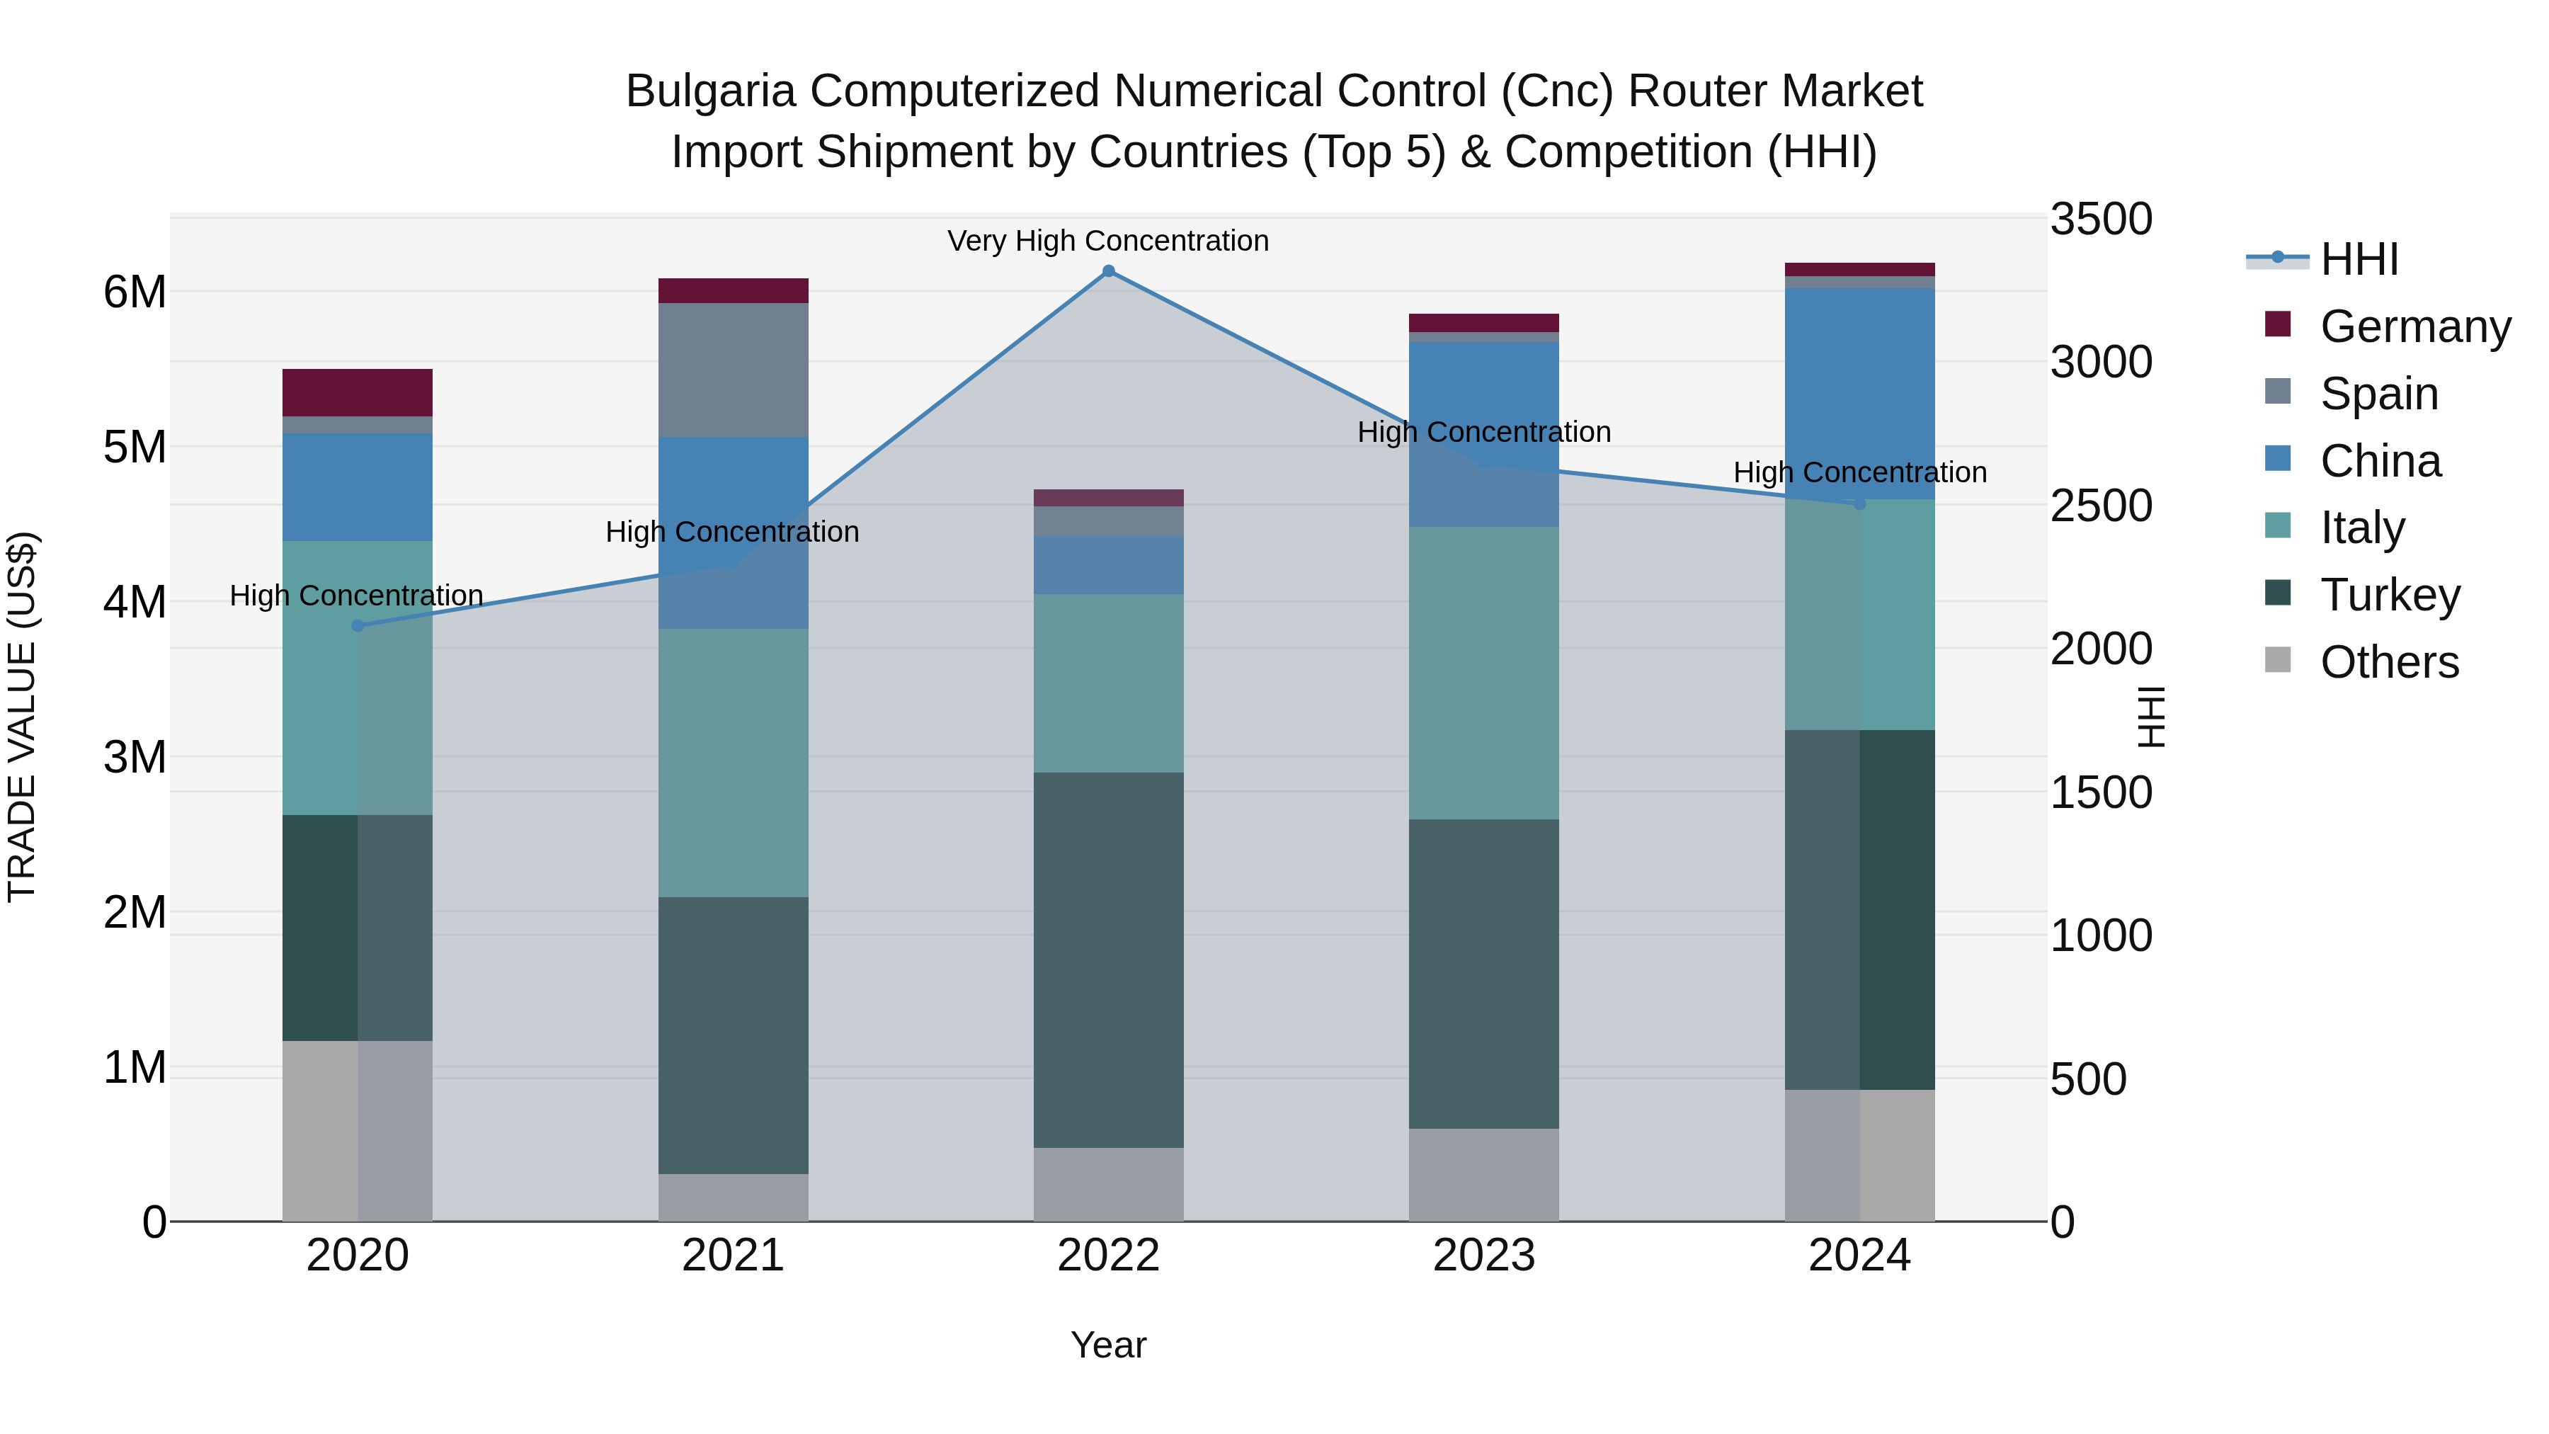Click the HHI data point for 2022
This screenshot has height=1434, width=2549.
(1108, 271)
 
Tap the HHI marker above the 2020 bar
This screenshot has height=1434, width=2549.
(358, 625)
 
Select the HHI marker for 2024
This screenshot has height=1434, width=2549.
(1859, 503)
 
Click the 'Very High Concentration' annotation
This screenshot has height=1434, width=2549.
(1107, 241)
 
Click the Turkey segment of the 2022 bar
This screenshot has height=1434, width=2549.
(1108, 960)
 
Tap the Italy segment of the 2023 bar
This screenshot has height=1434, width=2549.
(1483, 673)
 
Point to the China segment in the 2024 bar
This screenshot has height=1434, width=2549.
(1859, 394)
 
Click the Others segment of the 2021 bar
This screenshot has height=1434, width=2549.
(734, 1197)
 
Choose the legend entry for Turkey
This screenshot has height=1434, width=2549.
(2390, 595)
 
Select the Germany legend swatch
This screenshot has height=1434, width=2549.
(2278, 324)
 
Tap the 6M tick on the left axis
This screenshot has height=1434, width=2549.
(135, 292)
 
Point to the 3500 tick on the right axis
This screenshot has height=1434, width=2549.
(2100, 219)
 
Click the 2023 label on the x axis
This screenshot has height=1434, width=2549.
(1483, 1256)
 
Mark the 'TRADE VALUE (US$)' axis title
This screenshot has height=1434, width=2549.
(22, 717)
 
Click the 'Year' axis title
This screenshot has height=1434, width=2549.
(1108, 1345)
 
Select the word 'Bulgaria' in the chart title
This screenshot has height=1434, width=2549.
(710, 91)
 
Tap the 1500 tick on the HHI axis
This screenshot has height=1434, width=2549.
(2100, 792)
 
